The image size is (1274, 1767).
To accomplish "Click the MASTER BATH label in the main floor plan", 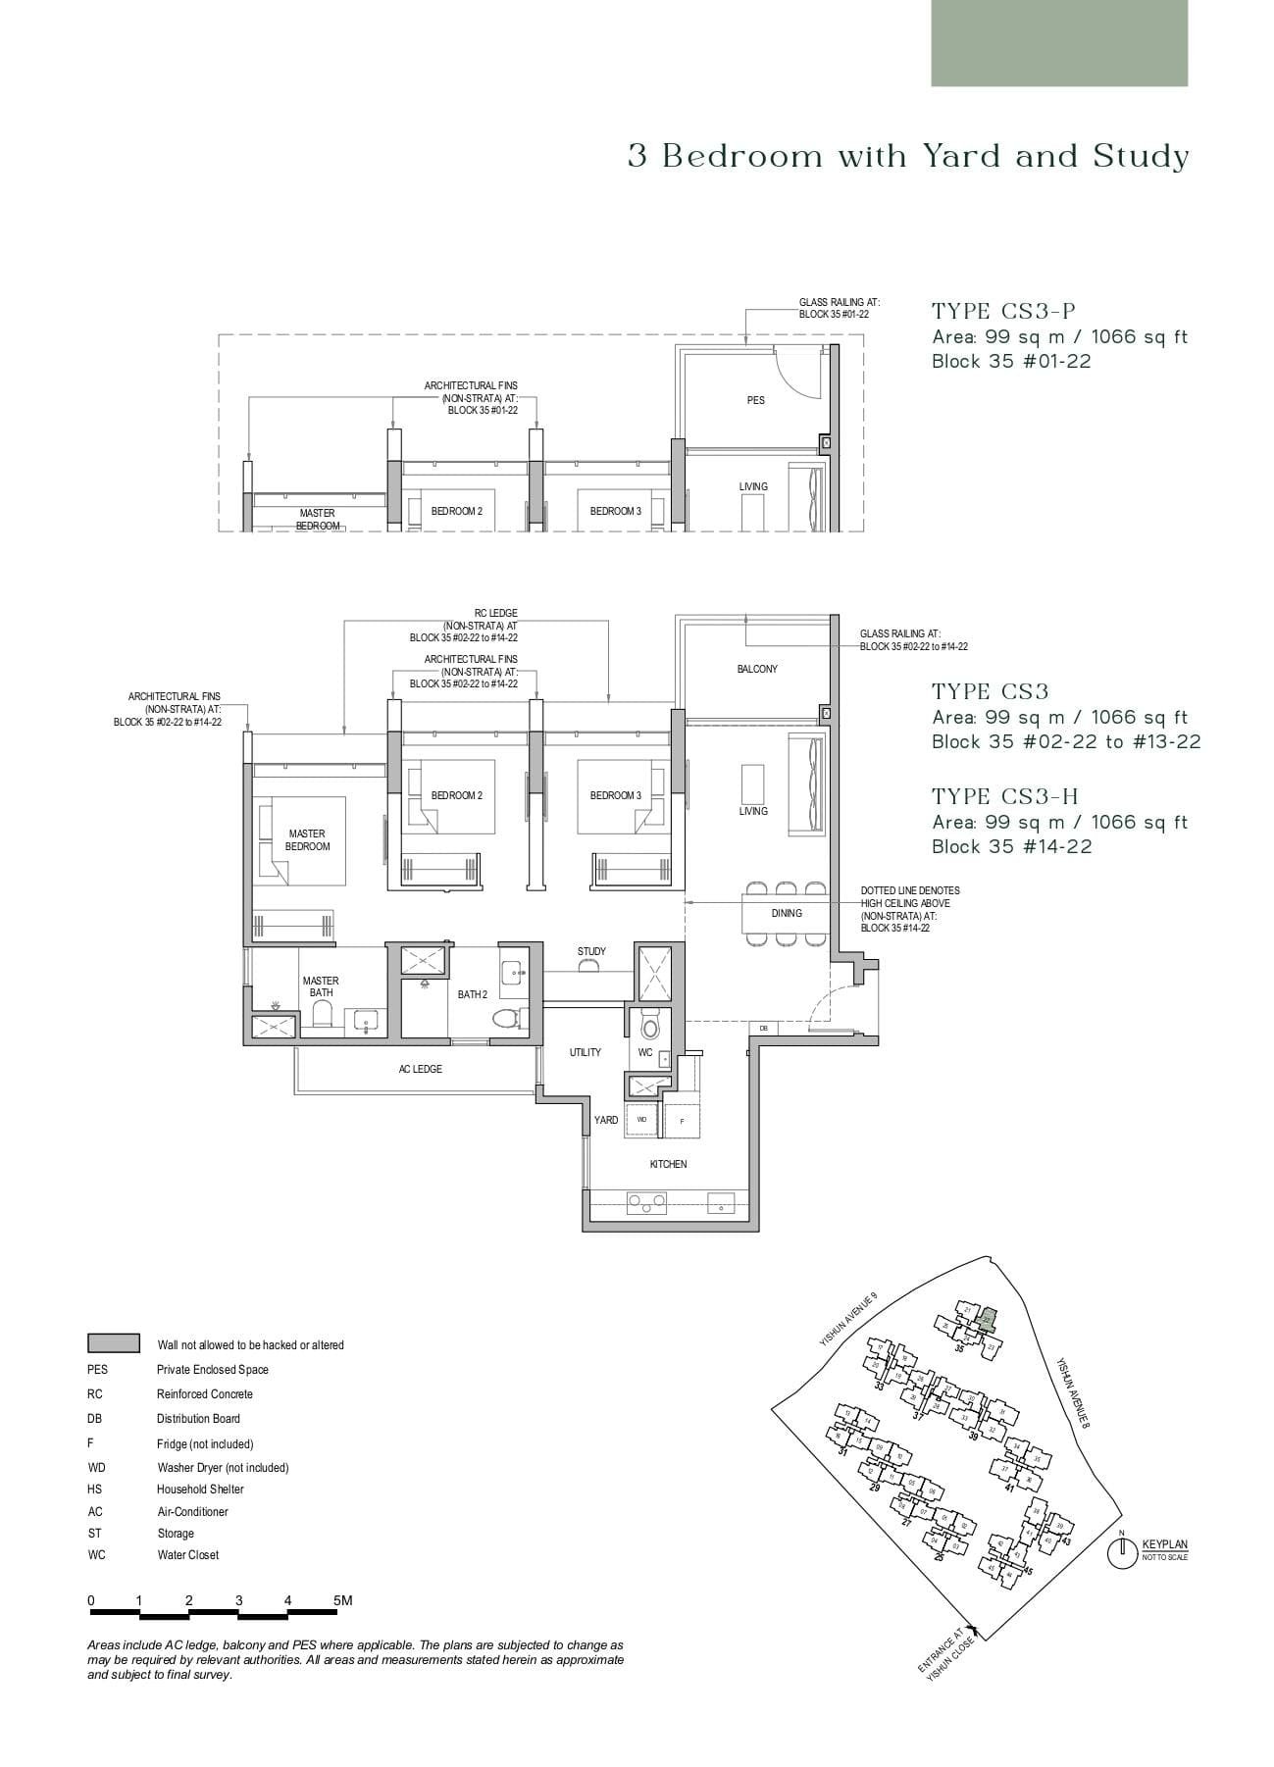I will [321, 986].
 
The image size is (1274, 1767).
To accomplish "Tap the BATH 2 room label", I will [472, 994].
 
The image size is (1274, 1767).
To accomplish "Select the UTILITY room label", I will [586, 1052].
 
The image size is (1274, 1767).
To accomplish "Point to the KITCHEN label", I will [668, 1164].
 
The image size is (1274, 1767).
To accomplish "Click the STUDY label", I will [591, 951].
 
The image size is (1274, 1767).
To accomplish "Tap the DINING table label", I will [787, 913].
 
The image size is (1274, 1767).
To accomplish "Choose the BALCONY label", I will [757, 669].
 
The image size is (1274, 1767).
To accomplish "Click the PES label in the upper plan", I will [755, 400].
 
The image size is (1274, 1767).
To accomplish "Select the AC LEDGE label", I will [420, 1069].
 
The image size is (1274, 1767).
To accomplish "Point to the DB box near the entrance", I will [763, 1028].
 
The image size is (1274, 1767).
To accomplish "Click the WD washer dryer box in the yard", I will [641, 1119].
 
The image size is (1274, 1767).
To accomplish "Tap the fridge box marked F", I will [682, 1120].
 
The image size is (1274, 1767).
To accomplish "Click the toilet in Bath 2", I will [506, 1018].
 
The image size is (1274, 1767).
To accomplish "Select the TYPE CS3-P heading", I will [1003, 311].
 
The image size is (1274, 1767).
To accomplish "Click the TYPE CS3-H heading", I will [1004, 796].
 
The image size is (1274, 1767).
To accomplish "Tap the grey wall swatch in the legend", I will [113, 1343].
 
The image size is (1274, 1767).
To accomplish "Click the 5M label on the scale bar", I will [342, 1600].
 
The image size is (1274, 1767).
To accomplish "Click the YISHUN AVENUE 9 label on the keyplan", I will [849, 1320].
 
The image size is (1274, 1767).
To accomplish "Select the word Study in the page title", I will [1141, 156].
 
